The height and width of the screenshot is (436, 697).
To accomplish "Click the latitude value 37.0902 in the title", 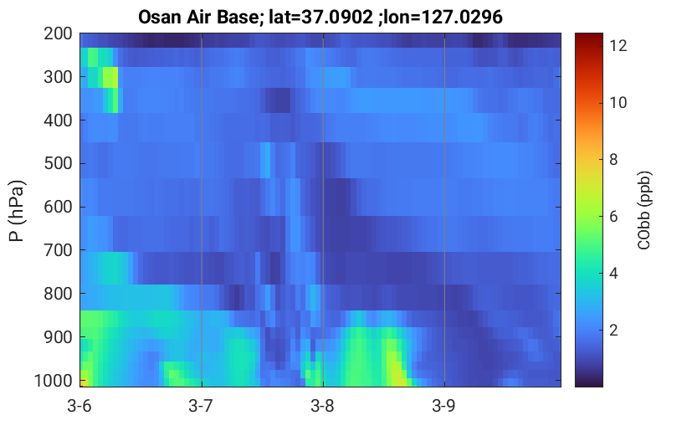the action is point(337,18).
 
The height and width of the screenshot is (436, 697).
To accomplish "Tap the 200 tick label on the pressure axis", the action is point(58,33).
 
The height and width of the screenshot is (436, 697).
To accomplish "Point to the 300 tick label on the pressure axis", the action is point(58,77).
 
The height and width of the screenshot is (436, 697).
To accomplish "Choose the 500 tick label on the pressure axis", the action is point(58,163).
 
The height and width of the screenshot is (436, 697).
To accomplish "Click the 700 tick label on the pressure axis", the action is point(58,250).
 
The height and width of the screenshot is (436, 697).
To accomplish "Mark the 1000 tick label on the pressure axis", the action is point(54,381).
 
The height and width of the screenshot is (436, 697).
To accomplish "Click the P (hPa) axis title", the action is point(17,211).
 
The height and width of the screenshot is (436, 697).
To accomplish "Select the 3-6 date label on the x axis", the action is point(79,406).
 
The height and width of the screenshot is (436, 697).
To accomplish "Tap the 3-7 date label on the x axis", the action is point(201,406).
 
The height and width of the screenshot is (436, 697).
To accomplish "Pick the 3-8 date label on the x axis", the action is point(322,406).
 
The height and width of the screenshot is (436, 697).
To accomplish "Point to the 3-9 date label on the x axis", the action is point(443,406).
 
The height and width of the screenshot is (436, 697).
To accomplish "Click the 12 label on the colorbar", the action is point(618,46).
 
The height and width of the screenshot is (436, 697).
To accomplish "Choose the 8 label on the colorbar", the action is point(613,160).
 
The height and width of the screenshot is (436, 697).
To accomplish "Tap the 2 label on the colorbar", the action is point(613,331).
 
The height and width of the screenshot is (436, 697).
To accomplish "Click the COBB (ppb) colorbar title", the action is point(644,210).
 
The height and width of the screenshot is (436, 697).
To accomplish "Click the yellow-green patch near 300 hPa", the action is point(110,78).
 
